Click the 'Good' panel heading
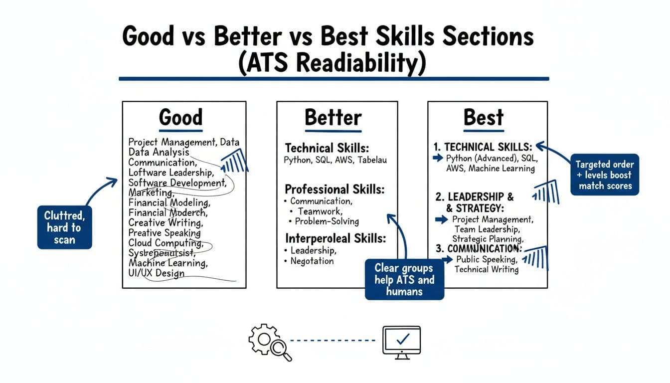(180, 118)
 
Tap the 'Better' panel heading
(333, 118)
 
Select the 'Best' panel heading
(484, 118)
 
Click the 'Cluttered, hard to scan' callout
(65, 227)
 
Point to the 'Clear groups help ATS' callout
(404, 279)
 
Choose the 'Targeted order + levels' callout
(604, 175)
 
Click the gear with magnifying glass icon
(269, 341)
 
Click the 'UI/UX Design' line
(156, 273)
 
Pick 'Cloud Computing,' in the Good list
(166, 243)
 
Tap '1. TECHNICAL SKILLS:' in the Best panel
(483, 147)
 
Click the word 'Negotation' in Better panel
(312, 260)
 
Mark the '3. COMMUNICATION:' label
(479, 248)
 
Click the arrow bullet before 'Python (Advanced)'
(438, 158)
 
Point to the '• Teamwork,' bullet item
(318, 211)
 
